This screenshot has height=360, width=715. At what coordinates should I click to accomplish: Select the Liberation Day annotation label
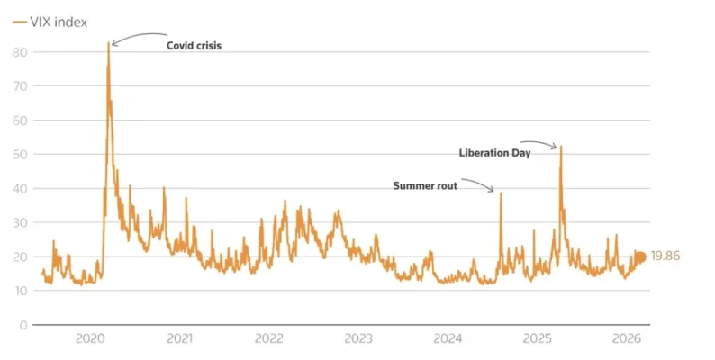[x=494, y=153]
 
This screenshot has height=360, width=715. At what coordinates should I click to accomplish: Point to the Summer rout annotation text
[x=425, y=186]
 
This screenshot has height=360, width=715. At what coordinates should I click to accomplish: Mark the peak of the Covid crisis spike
[x=109, y=42]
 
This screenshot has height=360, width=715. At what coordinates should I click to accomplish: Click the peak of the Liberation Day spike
[x=561, y=147]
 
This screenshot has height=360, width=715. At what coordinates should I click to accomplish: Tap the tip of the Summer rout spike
[x=501, y=193]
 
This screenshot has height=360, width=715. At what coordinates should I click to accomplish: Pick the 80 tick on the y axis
[x=21, y=52]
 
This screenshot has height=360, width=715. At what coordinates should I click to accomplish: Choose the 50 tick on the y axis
[x=21, y=154]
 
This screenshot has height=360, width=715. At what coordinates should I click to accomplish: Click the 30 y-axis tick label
[x=21, y=222]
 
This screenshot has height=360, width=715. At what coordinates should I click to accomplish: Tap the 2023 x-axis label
[x=358, y=339]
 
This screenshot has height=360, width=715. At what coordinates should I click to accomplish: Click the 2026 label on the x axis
[x=627, y=339]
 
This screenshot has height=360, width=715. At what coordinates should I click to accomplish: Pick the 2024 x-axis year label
[x=448, y=339]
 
